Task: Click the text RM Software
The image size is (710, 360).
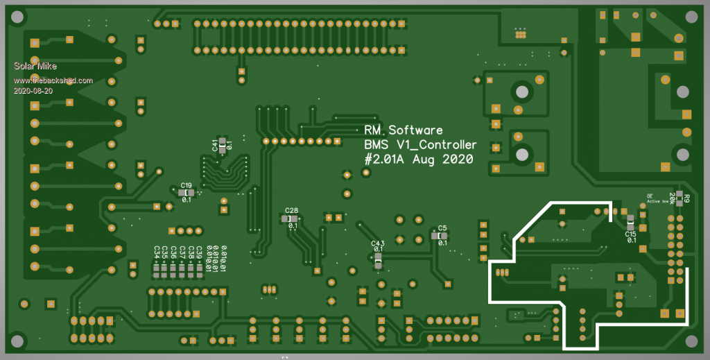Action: pyautogui.click(x=403, y=130)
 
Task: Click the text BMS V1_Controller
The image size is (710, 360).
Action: pyautogui.click(x=420, y=145)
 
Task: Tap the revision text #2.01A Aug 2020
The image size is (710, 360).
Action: pyautogui.click(x=418, y=160)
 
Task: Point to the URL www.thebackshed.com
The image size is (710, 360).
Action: pyautogui.click(x=53, y=80)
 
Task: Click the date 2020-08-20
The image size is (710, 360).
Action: pyautogui.click(x=33, y=91)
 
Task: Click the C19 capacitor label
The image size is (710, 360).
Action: pyautogui.click(x=186, y=185)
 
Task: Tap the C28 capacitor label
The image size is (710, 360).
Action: pyautogui.click(x=291, y=210)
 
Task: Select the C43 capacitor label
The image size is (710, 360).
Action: pyautogui.click(x=378, y=242)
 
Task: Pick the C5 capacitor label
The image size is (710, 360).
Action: pyautogui.click(x=442, y=228)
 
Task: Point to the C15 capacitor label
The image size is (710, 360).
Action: pyautogui.click(x=630, y=234)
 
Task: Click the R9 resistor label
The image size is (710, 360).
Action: pyautogui.click(x=686, y=200)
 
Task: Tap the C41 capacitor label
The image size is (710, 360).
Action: pyautogui.click(x=215, y=145)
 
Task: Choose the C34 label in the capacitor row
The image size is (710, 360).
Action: pyautogui.click(x=157, y=252)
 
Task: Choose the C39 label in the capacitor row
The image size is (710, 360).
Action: pyautogui.click(x=199, y=252)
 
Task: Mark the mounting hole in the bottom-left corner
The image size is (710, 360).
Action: pyautogui.click(x=17, y=341)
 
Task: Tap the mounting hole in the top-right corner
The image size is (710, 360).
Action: pyautogui.click(x=691, y=17)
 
